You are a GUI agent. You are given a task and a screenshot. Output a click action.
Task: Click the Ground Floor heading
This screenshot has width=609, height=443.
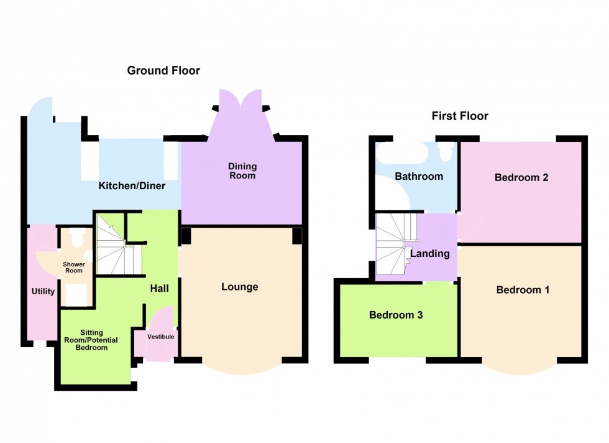(163, 70)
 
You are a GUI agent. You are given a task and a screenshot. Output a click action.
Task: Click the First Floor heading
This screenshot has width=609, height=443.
(460, 116)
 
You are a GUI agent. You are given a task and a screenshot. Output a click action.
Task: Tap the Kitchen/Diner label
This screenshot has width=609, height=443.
(132, 185)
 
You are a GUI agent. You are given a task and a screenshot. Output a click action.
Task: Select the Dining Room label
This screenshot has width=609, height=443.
(242, 171)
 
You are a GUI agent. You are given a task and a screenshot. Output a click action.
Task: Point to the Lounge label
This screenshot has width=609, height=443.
(240, 287)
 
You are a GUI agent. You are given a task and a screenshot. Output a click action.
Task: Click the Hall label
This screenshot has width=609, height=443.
(159, 289)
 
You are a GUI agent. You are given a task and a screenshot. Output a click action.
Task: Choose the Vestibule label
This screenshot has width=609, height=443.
(160, 337)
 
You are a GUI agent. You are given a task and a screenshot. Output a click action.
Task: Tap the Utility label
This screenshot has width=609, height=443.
(43, 291)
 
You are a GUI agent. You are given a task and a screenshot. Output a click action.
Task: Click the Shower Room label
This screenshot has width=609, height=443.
(73, 268)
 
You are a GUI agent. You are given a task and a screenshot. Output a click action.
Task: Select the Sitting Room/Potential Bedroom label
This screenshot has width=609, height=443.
(86, 340)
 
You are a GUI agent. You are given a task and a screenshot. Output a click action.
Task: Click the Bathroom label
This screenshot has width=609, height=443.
(419, 176)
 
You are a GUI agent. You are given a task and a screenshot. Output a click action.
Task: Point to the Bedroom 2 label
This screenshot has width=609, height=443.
(521, 177)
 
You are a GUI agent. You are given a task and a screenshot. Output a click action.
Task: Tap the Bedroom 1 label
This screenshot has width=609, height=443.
(522, 290)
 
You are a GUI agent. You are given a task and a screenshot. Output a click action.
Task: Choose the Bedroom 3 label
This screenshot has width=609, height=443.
(396, 315)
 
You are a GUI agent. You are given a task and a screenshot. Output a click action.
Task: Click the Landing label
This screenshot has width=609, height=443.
(429, 253)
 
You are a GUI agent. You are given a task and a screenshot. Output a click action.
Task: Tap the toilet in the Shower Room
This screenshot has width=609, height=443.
(78, 237)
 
